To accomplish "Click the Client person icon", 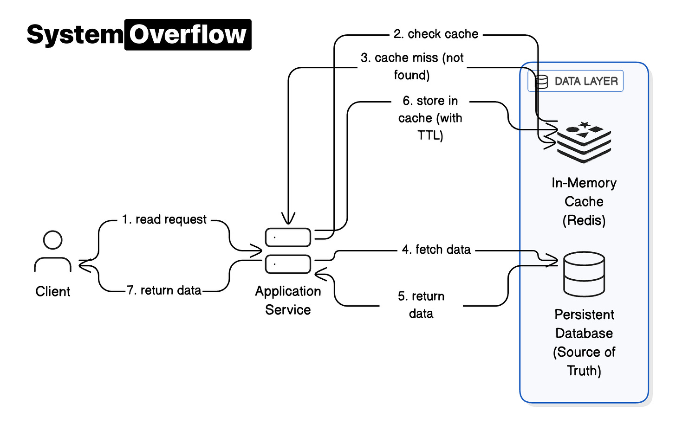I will [52, 251].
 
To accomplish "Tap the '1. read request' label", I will [164, 219].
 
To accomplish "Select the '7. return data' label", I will [164, 290].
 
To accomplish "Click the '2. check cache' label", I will [435, 34].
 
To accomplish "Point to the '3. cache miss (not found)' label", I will [412, 66].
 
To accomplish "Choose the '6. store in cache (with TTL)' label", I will [430, 118].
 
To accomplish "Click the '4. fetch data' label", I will [436, 250].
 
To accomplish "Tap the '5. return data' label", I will [421, 305].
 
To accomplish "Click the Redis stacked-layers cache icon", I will [584, 142].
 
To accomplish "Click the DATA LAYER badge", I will [575, 81].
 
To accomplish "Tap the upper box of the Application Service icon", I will [288, 237].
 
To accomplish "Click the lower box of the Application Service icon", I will [288, 264].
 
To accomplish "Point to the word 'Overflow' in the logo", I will [188, 35].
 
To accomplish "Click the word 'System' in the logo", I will [74, 35].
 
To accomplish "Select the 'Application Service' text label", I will [288, 300].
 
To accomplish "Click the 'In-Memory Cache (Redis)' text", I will [584, 201].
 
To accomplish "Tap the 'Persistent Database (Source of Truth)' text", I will [584, 342].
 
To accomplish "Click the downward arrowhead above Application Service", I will [288, 218].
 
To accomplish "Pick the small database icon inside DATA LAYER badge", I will [541, 82].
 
